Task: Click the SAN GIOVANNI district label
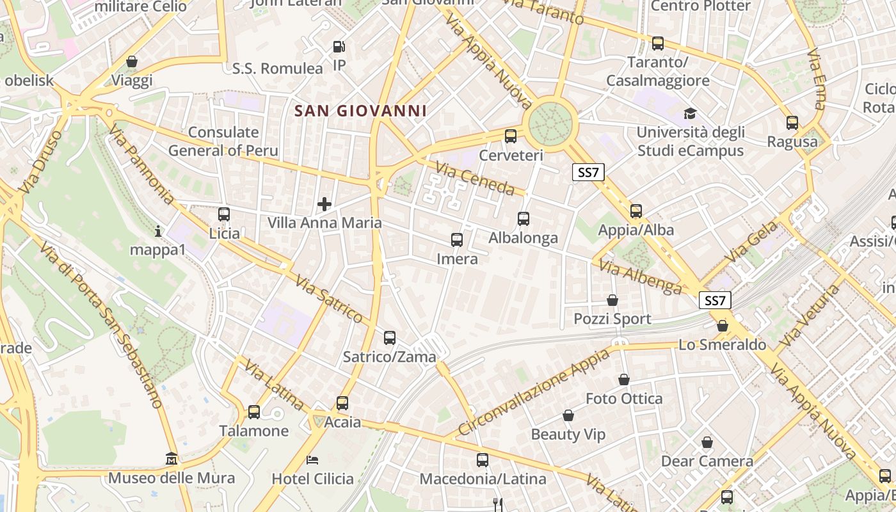point(360,111)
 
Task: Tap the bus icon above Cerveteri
point(510,136)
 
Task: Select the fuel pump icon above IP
point(339,46)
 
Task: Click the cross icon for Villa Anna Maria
point(324,204)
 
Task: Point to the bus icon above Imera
point(456,240)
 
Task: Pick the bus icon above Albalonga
point(523,219)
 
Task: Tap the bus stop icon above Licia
point(223,214)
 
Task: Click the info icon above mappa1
point(158,230)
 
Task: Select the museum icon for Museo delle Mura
point(172,459)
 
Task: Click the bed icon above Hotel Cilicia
point(312,460)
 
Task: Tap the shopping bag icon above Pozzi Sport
point(612,300)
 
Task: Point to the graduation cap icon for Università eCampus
point(690,113)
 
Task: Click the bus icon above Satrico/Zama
point(389,337)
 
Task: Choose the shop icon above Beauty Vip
point(568,416)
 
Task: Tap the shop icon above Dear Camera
point(707,442)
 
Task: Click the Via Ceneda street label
point(475,179)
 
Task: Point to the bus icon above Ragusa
point(792,123)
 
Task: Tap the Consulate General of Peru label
point(223,141)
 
